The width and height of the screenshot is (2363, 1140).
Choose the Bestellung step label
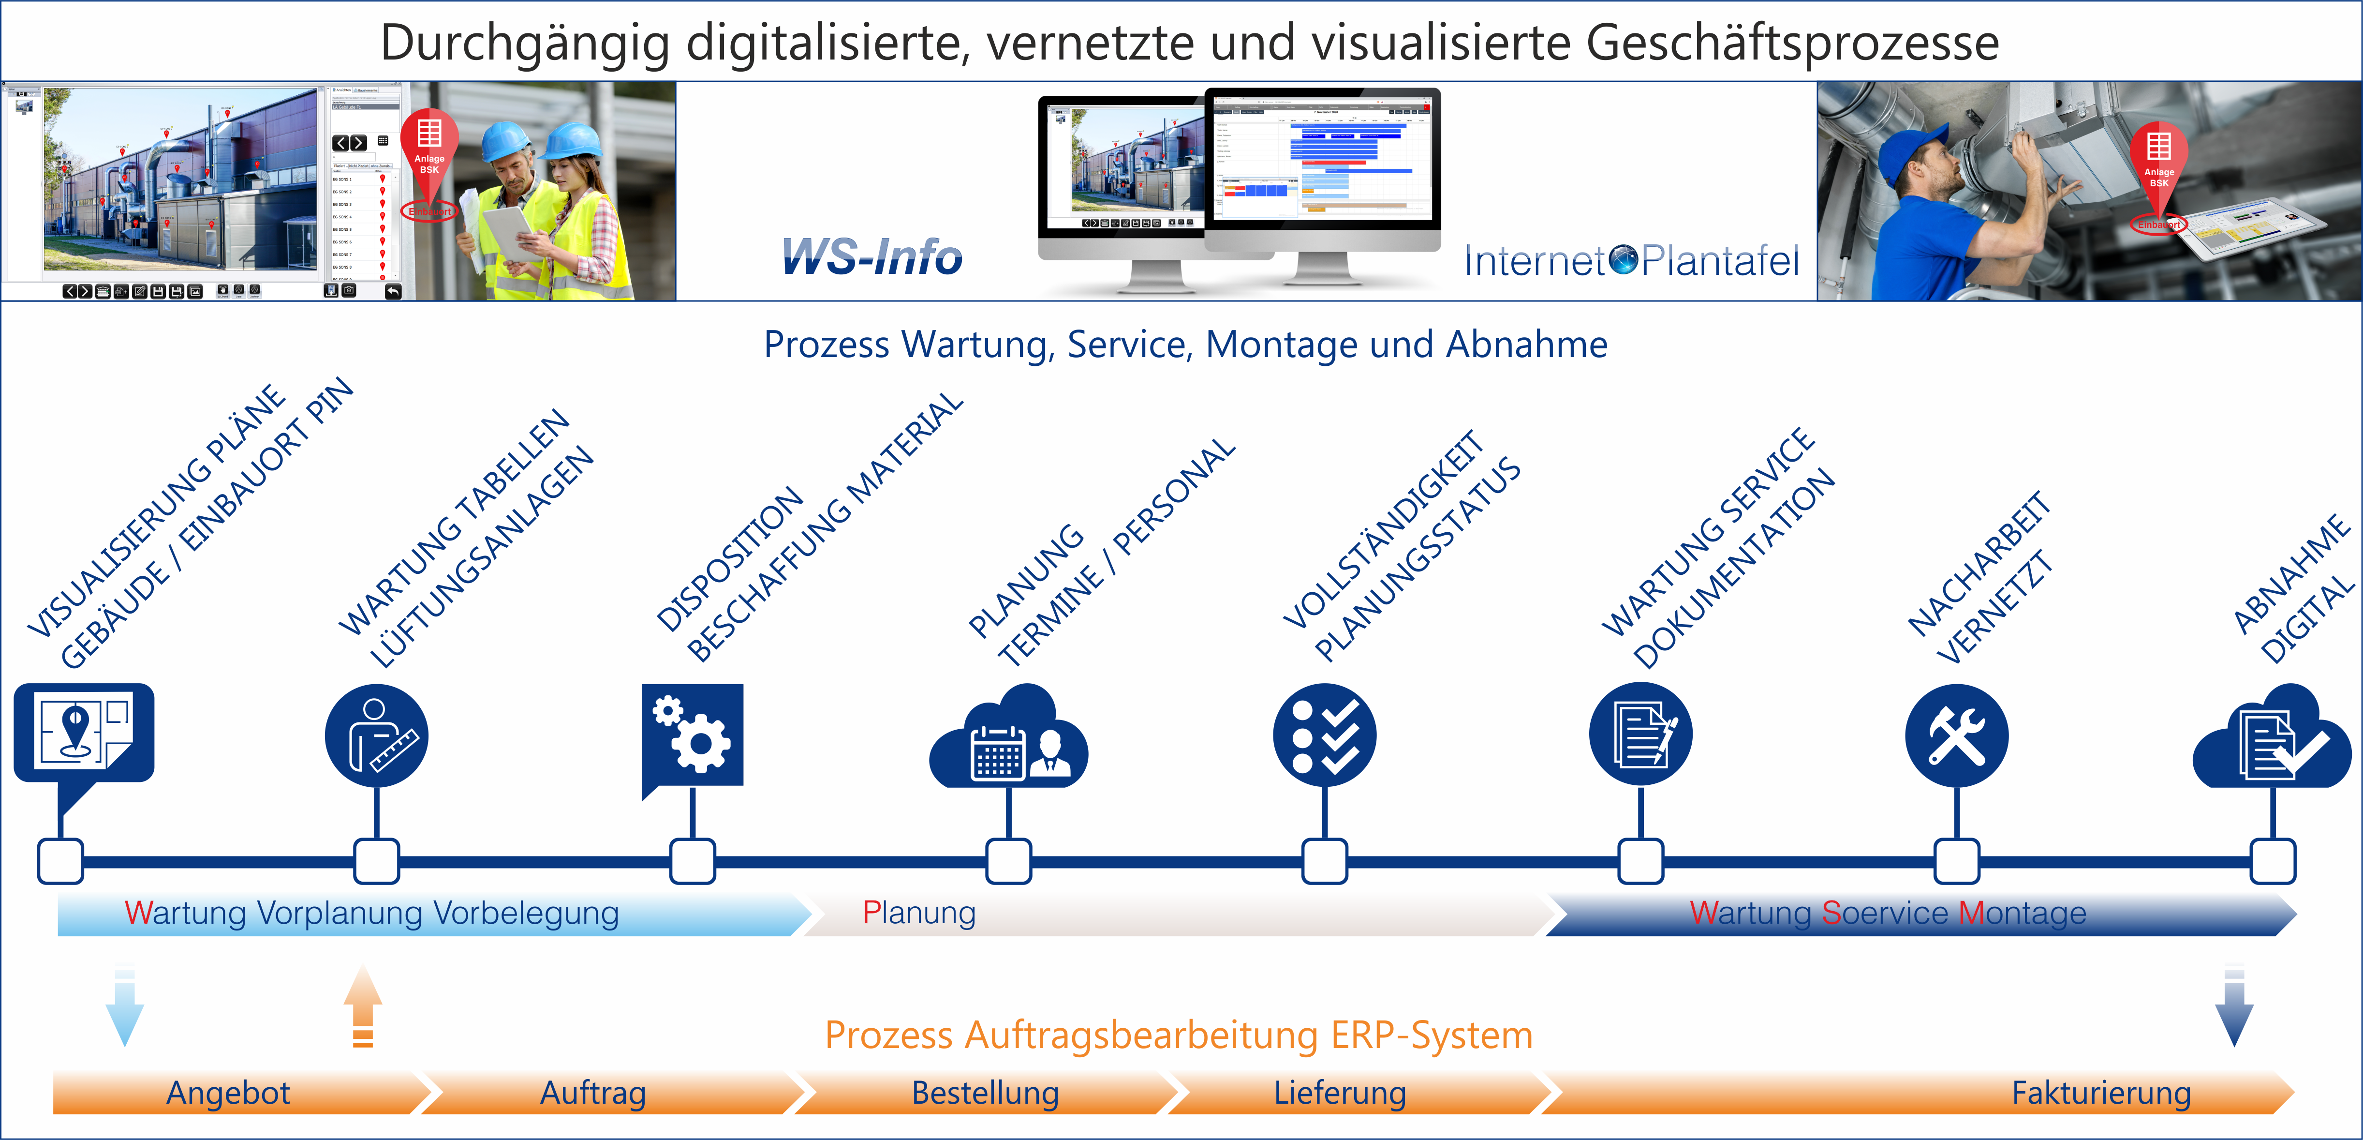pyautogui.click(x=985, y=1093)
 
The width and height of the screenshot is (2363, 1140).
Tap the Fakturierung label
pyautogui.click(x=2101, y=1093)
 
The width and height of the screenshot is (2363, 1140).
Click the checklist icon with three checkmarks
pyautogui.click(x=1325, y=735)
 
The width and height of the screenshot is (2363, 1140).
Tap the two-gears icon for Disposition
pyautogui.click(x=693, y=735)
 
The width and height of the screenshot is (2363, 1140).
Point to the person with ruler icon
pyautogui.click(x=376, y=735)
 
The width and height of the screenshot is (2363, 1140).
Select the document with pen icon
pyautogui.click(x=1640, y=735)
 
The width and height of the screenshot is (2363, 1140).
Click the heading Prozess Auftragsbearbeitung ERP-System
pyautogui.click(x=1179, y=1035)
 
